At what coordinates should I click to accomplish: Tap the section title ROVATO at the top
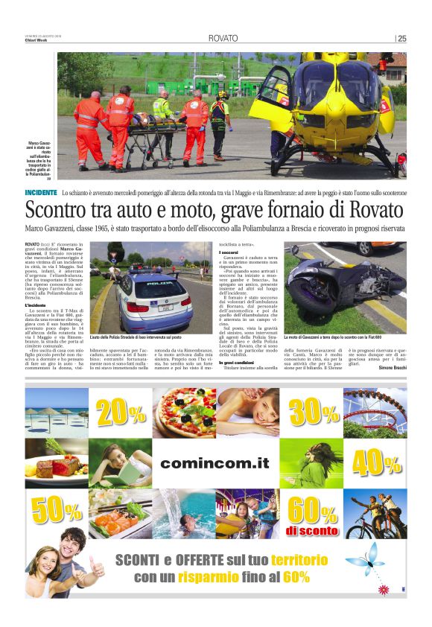point(223,39)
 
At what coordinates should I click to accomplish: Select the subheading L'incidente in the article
point(36,305)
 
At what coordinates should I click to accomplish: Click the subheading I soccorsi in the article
point(229,252)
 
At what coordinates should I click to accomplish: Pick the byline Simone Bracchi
point(393,368)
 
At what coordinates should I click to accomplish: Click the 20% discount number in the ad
point(120,413)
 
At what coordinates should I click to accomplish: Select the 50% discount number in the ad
point(56,510)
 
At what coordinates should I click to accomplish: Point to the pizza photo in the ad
point(184,412)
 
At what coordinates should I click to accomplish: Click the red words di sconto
point(313,530)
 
